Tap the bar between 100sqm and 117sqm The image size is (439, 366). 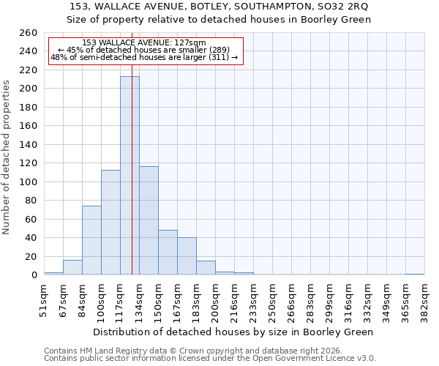coord(110,223)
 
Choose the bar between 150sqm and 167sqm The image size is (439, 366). coord(168,253)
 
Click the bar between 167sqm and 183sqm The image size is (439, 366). coord(187,256)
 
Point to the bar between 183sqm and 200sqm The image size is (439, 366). coord(206,268)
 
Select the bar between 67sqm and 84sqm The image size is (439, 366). coord(72,267)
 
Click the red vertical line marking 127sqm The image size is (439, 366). coord(132,220)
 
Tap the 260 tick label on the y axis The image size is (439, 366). coord(28,33)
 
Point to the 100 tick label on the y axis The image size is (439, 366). coord(28,182)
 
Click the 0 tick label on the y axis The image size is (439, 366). coord(34,275)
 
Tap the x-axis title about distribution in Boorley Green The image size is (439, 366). coord(233,332)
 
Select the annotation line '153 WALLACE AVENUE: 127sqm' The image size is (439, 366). coord(143,43)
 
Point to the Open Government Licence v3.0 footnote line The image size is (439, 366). coord(209,358)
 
